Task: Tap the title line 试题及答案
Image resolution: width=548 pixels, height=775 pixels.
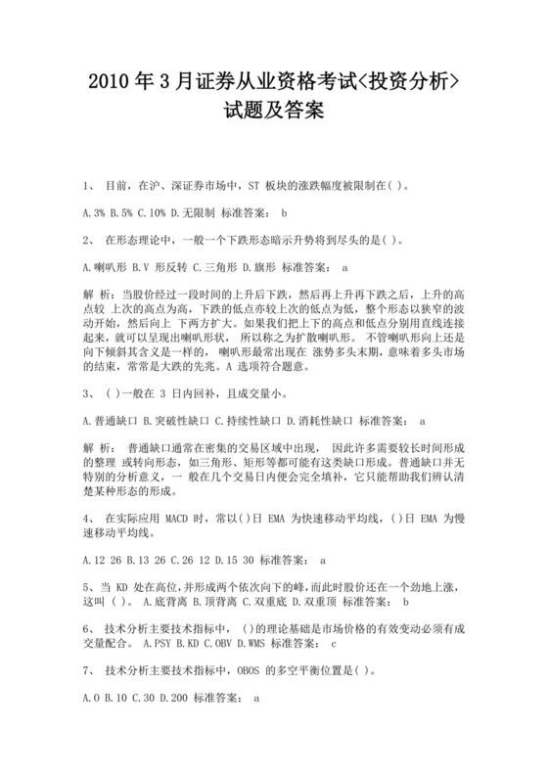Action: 273,114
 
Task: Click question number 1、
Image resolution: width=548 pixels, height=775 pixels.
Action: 89,183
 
